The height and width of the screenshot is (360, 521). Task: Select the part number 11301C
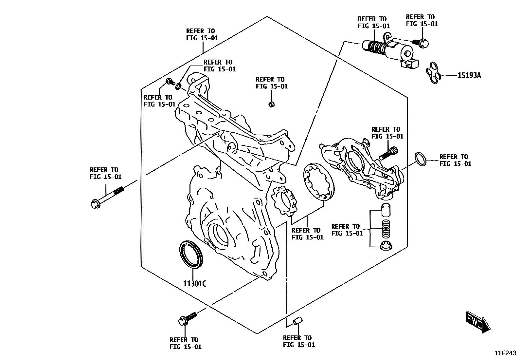[x=194, y=283]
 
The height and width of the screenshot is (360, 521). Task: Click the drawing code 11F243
[x=505, y=353]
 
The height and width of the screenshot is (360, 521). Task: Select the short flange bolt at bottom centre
[x=188, y=318]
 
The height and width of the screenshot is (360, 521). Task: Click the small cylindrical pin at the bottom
[x=297, y=321]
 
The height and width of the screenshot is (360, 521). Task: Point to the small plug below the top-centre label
[x=271, y=104]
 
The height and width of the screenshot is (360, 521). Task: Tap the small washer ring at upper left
[x=179, y=86]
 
